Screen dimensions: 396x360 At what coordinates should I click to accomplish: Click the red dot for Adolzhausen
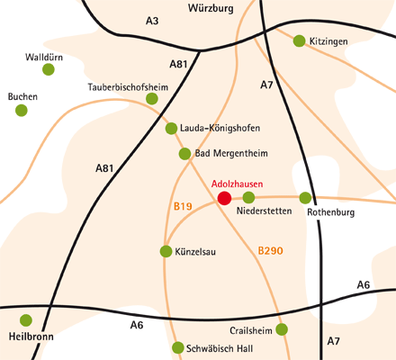224,198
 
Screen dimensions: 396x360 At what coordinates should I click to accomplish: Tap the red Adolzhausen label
237,184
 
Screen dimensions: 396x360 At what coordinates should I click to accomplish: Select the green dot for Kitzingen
299,40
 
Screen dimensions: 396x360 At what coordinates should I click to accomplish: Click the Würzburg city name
211,8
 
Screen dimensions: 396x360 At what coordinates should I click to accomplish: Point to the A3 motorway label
152,21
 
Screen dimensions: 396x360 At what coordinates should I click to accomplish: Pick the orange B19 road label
183,206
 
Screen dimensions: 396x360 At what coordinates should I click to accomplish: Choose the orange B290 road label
270,250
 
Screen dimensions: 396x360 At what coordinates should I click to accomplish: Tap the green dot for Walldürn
49,69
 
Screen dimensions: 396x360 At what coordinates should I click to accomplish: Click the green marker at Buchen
22,111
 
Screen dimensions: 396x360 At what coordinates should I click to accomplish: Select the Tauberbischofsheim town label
128,87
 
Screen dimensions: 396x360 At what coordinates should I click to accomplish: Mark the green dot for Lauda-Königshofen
171,129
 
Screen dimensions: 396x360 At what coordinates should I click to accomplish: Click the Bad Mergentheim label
231,153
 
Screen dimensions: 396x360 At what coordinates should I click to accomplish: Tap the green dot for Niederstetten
248,197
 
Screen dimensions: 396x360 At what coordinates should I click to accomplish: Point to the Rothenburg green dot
305,198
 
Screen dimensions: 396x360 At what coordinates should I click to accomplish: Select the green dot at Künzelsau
166,251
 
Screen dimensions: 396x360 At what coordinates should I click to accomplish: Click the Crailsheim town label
251,330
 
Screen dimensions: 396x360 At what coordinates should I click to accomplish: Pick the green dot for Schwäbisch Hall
178,347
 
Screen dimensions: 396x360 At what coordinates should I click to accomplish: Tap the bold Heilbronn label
31,337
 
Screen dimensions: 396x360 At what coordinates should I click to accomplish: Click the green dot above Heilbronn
26,320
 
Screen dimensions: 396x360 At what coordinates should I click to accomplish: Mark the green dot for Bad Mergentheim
184,154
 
